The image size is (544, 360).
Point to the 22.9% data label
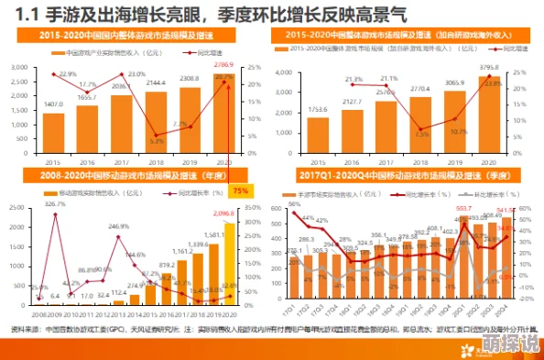[67, 74]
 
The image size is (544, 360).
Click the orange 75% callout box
[240, 191]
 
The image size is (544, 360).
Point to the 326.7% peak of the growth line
[56, 216]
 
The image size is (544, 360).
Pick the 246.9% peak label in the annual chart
[119, 225]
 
